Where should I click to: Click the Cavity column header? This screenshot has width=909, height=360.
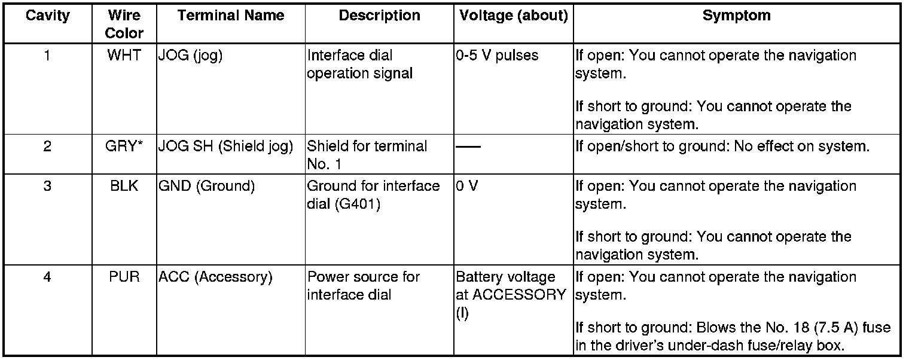(x=47, y=16)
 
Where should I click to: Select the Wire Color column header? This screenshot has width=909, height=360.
(x=124, y=24)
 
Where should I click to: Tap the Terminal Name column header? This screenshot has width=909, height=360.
(x=230, y=16)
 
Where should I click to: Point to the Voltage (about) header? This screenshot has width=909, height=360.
(x=513, y=16)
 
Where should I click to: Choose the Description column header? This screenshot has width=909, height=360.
(x=379, y=16)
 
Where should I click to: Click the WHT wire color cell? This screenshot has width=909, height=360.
(x=124, y=56)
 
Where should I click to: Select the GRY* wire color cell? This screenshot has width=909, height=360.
(x=124, y=147)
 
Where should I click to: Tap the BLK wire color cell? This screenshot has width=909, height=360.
(x=124, y=186)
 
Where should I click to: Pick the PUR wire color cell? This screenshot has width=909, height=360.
(x=124, y=277)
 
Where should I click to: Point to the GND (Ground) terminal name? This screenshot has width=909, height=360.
(x=206, y=186)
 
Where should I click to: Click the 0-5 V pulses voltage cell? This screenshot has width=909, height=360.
(x=497, y=56)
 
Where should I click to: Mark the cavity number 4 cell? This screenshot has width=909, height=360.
(x=47, y=277)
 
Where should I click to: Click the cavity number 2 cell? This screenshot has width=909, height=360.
(x=47, y=147)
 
